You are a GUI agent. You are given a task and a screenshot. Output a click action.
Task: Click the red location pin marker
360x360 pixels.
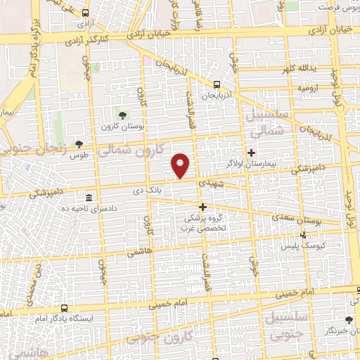pyautogui.click(x=181, y=165)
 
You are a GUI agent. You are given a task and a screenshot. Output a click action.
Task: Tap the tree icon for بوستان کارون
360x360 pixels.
pyautogui.click(x=123, y=115)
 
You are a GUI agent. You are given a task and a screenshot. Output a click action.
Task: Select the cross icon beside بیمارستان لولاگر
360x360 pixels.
pyautogui.click(x=251, y=152)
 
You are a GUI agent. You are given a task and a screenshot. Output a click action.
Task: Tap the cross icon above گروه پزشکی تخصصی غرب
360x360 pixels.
pyautogui.click(x=203, y=207)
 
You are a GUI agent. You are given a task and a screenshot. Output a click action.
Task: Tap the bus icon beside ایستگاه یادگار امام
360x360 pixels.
pyautogui.click(x=65, y=308)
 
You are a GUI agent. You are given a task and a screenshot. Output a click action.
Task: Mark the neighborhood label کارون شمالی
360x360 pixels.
pyautogui.click(x=141, y=149)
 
